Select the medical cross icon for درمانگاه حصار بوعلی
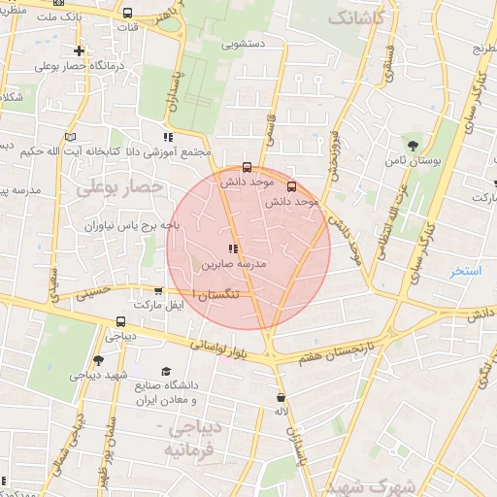coord(79,50)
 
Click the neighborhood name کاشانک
coord(360,17)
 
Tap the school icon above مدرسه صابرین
coord(232,248)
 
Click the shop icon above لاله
coord(282,398)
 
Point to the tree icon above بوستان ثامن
coord(414,146)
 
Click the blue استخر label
coord(465,270)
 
